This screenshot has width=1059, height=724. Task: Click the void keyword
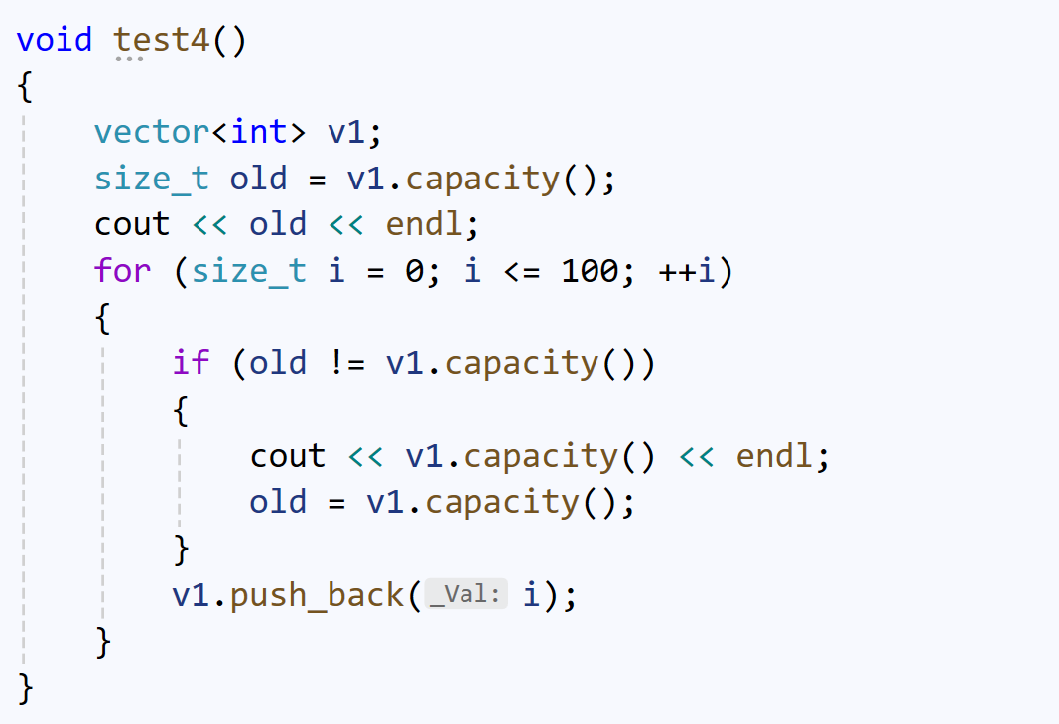pyautogui.click(x=54, y=40)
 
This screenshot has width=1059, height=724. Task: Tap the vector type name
pyautogui.click(x=153, y=132)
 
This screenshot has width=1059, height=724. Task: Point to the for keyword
pyautogui.click(x=123, y=271)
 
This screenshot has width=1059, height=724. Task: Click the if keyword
pyautogui.click(x=191, y=363)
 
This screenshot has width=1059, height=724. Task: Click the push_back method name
pyautogui.click(x=317, y=596)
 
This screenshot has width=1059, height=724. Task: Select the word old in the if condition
pyautogui.click(x=278, y=363)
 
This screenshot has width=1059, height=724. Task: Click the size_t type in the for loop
pyautogui.click(x=248, y=271)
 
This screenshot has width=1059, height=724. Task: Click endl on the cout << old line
pyautogui.click(x=424, y=225)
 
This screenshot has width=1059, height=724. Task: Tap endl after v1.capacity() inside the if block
pyautogui.click(x=773, y=456)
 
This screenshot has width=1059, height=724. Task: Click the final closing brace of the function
pyautogui.click(x=26, y=688)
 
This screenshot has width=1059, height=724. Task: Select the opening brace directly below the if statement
pyautogui.click(x=181, y=410)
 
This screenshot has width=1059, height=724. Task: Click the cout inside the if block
pyautogui.click(x=288, y=456)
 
